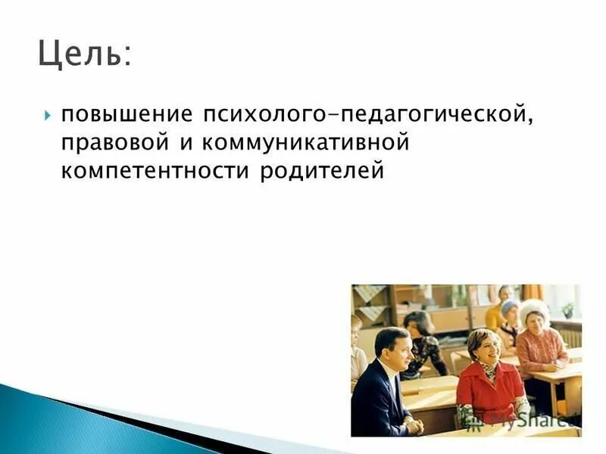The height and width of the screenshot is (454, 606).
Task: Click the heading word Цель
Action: (x=79, y=54)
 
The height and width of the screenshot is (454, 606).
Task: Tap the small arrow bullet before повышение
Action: (x=47, y=116)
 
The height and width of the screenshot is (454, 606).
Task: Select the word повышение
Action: (x=127, y=115)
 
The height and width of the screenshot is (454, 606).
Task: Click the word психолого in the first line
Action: (x=264, y=115)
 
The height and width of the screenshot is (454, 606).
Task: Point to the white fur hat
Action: (x=534, y=309)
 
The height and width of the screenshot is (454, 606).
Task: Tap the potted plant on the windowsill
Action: (x=567, y=309)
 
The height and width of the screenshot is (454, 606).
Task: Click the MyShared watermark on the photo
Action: (x=542, y=415)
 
